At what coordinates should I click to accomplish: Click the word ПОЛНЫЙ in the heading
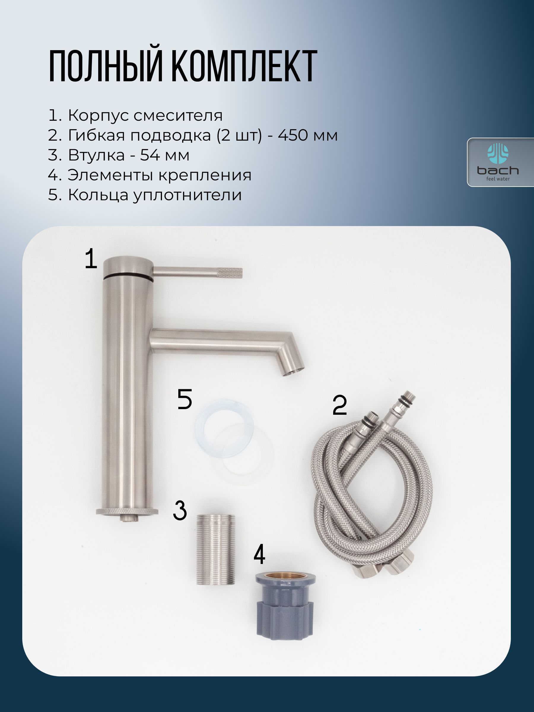[x=106, y=66]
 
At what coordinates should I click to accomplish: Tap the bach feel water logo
[x=498, y=162]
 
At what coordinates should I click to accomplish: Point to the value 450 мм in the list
[x=308, y=135]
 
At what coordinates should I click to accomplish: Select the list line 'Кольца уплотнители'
[x=145, y=195]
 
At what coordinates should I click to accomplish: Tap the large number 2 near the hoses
[x=340, y=405]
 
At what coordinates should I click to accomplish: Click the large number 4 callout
[x=260, y=554]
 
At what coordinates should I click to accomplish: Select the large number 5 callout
[x=185, y=399]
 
